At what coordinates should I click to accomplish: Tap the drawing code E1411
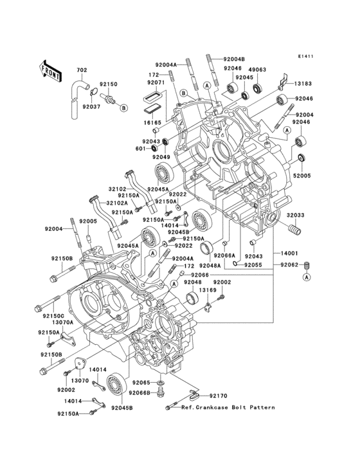[305, 56]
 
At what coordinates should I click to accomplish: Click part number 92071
[156, 83]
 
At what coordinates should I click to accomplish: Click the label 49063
[257, 68]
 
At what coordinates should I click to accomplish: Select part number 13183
[304, 84]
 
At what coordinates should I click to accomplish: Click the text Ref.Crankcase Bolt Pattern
[228, 407]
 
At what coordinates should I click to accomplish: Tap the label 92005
[88, 221]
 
